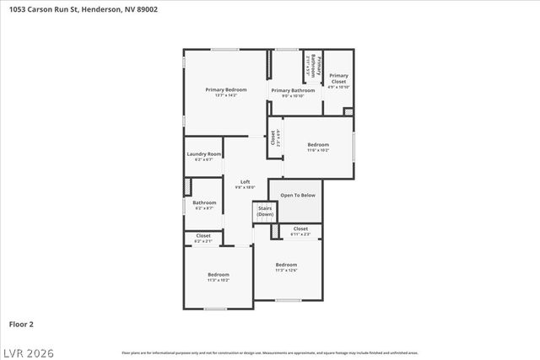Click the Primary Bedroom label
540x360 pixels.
coord(226,89)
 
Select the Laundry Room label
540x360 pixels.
coord(203,154)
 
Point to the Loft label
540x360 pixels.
coord(245,182)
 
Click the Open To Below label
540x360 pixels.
coord(297,196)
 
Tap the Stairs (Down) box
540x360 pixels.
coord(265,211)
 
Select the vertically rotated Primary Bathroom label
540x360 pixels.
coord(310,67)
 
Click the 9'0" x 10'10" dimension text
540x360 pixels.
coord(293,96)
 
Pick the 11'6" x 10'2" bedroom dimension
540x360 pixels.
coord(318,150)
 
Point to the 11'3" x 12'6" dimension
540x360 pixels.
coord(286,271)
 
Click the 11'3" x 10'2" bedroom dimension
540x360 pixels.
coord(219,280)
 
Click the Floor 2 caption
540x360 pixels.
coord(21,324)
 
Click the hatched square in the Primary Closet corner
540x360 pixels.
coord(348,112)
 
